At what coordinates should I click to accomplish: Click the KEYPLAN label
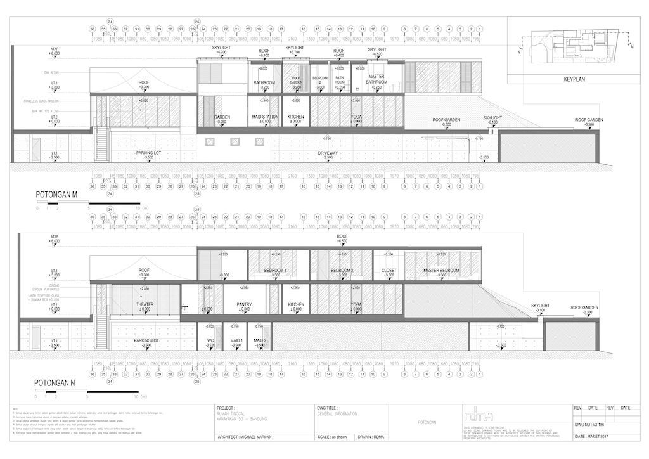577,81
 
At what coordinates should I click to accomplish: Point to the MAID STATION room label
265,117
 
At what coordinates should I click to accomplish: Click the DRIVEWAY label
327,153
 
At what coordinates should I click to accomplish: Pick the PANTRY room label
245,305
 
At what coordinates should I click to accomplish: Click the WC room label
210,341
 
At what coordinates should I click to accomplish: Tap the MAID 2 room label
259,341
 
